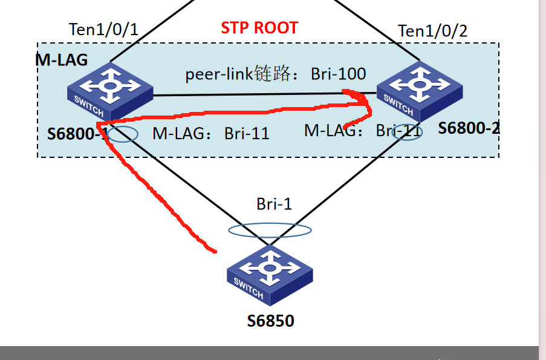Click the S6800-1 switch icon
[x=109, y=90]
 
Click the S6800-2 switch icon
[x=418, y=89]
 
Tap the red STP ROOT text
[x=259, y=28]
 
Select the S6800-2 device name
[x=469, y=128]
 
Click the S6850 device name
[x=270, y=321]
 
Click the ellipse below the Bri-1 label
[x=270, y=230]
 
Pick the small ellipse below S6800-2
[x=407, y=133]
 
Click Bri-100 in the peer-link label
[x=339, y=74]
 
